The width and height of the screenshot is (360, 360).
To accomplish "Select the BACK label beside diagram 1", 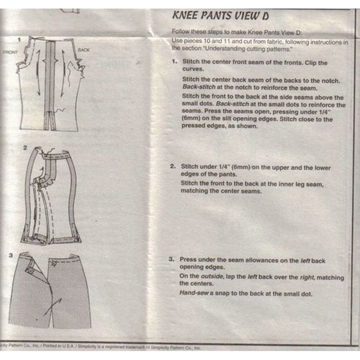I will tap(84, 50).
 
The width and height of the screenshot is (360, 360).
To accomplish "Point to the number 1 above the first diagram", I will tap(19, 39).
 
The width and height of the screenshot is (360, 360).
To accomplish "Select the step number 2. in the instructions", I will tap(173, 167).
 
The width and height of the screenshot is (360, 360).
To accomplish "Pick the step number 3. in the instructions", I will tap(171, 260).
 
